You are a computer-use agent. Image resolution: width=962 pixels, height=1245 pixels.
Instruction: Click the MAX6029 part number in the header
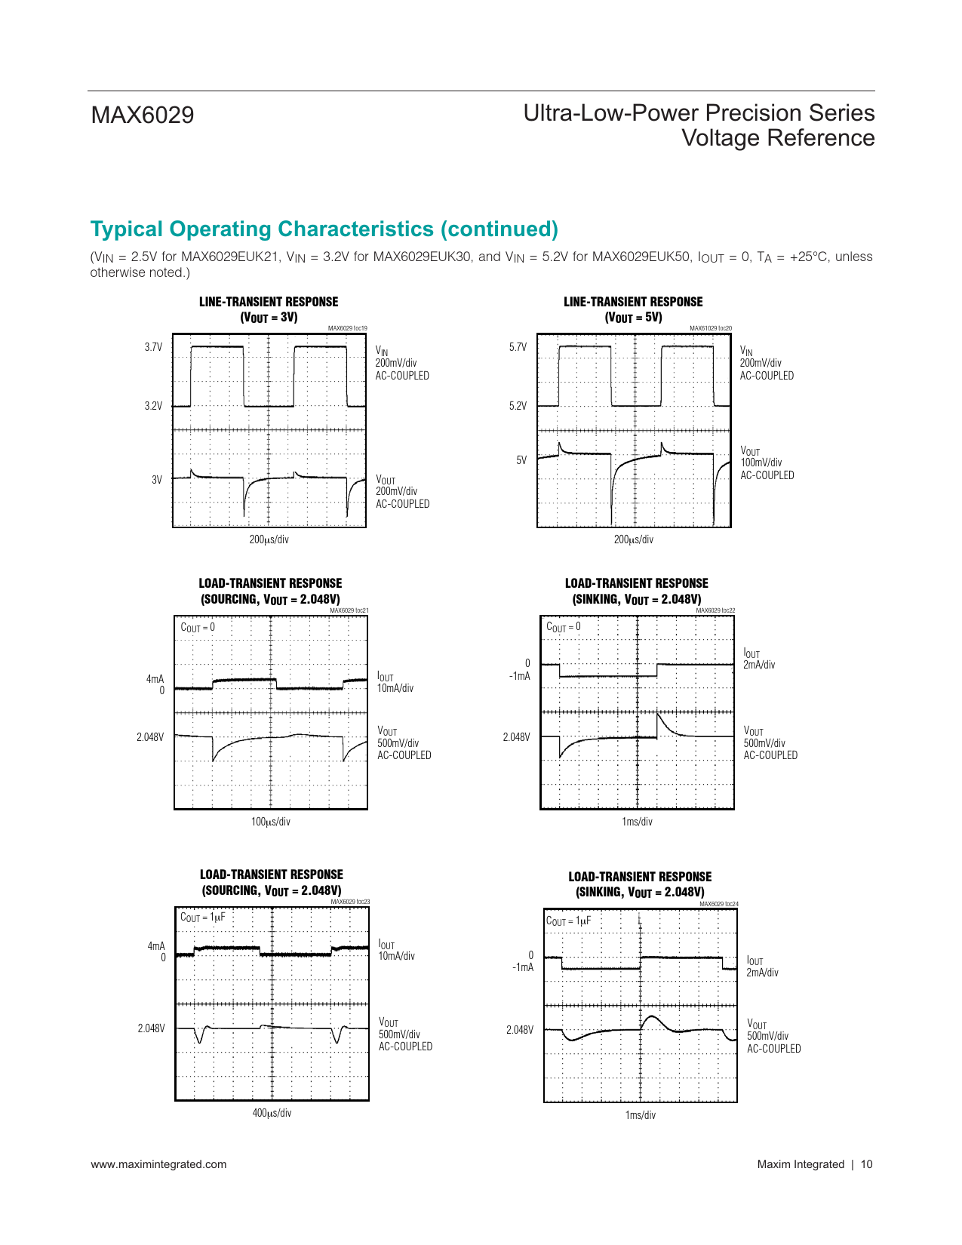point(143,115)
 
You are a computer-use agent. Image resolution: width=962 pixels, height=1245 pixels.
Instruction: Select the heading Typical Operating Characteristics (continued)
point(324,229)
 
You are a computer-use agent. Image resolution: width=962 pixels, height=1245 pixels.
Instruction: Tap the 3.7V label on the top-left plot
point(153,347)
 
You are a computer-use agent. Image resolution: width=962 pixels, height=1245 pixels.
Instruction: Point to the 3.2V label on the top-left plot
point(153,406)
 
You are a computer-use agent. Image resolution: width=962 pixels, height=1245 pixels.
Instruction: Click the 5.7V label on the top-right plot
point(518,347)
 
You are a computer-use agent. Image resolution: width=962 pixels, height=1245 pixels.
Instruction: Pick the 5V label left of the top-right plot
point(521,460)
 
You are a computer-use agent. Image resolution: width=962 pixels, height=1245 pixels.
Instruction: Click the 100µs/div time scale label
point(270,822)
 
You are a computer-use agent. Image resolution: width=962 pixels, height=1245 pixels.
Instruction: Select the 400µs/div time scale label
point(272,1113)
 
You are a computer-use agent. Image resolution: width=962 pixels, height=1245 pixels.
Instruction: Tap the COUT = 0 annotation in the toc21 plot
point(198,628)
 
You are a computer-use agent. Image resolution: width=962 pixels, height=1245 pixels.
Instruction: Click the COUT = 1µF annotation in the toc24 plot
point(568,921)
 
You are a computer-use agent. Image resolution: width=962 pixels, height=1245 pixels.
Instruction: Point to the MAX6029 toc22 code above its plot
point(715,610)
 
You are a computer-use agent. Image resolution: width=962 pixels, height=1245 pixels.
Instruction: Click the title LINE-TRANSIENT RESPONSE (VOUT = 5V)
point(633,309)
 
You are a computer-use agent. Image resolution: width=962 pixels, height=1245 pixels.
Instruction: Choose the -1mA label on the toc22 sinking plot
point(520,676)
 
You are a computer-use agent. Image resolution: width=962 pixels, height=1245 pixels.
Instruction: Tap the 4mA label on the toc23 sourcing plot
point(156,946)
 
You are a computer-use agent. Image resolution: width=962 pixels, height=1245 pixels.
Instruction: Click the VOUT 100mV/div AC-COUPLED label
point(767,463)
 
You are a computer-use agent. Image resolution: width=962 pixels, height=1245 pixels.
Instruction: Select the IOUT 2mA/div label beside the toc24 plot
point(762,967)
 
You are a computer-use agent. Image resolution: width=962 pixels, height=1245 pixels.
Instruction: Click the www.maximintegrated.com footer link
point(158,1164)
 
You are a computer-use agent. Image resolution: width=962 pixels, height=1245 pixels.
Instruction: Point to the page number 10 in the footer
point(866,1164)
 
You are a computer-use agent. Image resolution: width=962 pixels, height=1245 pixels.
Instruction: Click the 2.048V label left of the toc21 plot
point(150,737)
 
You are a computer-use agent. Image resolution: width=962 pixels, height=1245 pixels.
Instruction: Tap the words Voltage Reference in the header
point(778,138)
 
